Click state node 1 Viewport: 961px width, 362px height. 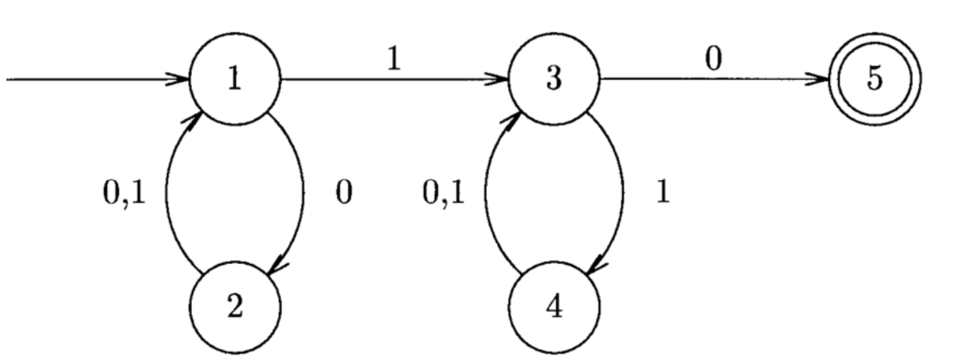pyautogui.click(x=236, y=81)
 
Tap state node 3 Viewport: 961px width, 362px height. pyautogui.click(x=555, y=81)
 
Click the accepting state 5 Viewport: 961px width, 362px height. pyautogui.click(x=875, y=81)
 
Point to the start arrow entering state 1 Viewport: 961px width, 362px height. pyautogui.click(x=96, y=81)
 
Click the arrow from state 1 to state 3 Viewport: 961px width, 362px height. pyautogui.click(x=393, y=81)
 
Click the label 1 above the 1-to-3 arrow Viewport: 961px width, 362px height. pyautogui.click(x=395, y=60)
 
